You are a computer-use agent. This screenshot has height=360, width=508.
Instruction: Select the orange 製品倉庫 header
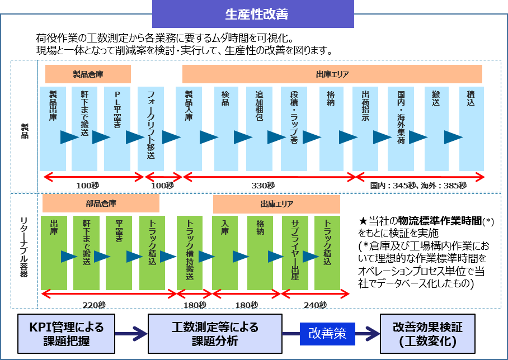(88, 74)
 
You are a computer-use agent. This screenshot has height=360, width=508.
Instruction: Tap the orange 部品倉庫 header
(101, 203)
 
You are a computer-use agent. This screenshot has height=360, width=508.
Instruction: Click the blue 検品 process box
(226, 129)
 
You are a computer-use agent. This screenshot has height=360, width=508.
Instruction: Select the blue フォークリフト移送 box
(150, 129)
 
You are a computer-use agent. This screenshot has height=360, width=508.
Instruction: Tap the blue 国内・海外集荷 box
(401, 129)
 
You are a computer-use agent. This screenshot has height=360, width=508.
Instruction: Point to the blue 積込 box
(471, 129)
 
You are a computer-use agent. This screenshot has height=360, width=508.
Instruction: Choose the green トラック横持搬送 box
(190, 253)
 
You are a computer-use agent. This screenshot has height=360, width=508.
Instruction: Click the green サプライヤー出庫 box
(295, 253)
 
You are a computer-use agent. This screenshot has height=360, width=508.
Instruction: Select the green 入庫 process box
(225, 253)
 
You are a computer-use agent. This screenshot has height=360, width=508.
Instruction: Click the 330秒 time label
(263, 186)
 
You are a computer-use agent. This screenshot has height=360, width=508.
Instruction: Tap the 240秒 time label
(315, 305)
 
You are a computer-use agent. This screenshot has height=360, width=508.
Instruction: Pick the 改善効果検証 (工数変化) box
(429, 334)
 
